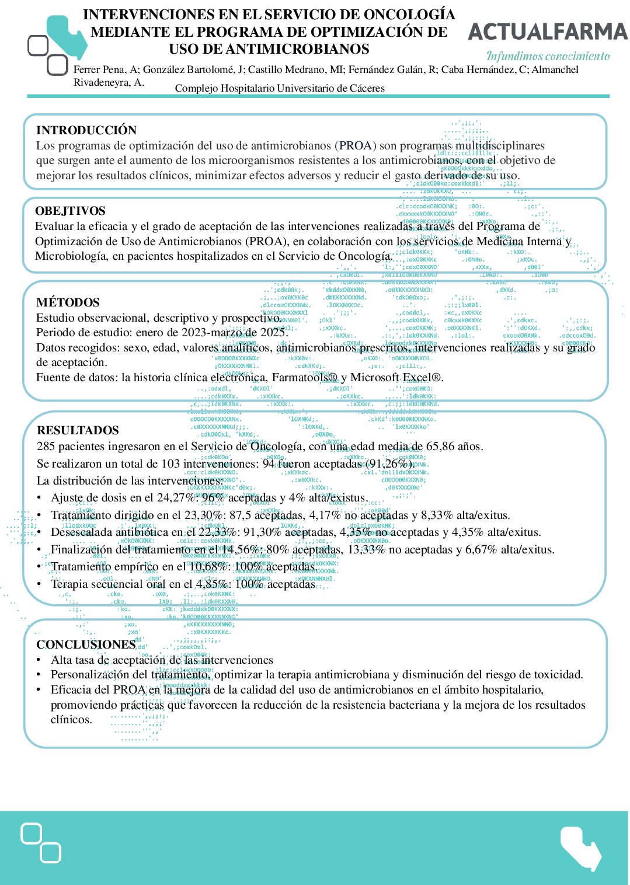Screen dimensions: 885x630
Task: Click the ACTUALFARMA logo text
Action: click(548, 32)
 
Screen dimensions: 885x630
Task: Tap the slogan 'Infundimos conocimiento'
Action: click(548, 56)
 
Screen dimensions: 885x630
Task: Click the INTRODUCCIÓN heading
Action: click(86, 130)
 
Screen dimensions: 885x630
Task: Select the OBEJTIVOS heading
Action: click(70, 211)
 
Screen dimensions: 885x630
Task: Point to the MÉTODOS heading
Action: click(68, 302)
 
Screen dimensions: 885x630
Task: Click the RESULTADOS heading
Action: click(78, 430)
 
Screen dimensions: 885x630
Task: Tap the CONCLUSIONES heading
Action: click(86, 644)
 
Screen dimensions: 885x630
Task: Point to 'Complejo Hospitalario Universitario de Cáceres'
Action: click(280, 89)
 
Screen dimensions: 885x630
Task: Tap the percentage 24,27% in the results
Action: click(177, 498)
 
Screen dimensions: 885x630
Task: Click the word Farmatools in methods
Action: click(302, 377)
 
